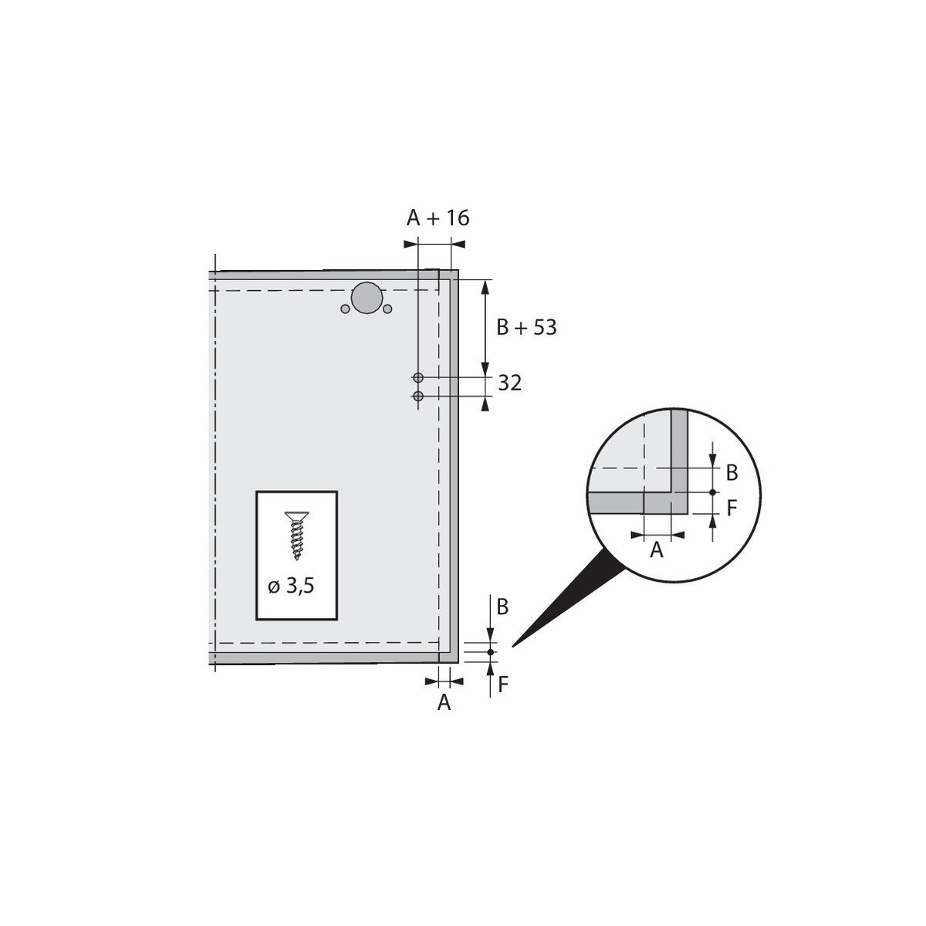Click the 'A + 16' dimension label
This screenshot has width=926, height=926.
(438, 218)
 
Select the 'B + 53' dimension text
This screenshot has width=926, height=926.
(526, 327)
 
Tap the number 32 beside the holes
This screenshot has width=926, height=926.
(509, 384)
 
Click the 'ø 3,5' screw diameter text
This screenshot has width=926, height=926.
(291, 586)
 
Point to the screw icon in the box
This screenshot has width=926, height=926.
(296, 536)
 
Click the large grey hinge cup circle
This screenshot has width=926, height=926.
(367, 299)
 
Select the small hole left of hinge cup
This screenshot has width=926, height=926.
(345, 309)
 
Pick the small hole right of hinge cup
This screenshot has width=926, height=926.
(387, 309)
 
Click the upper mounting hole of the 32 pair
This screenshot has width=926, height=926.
(418, 377)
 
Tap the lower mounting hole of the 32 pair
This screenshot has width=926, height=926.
(418, 397)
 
